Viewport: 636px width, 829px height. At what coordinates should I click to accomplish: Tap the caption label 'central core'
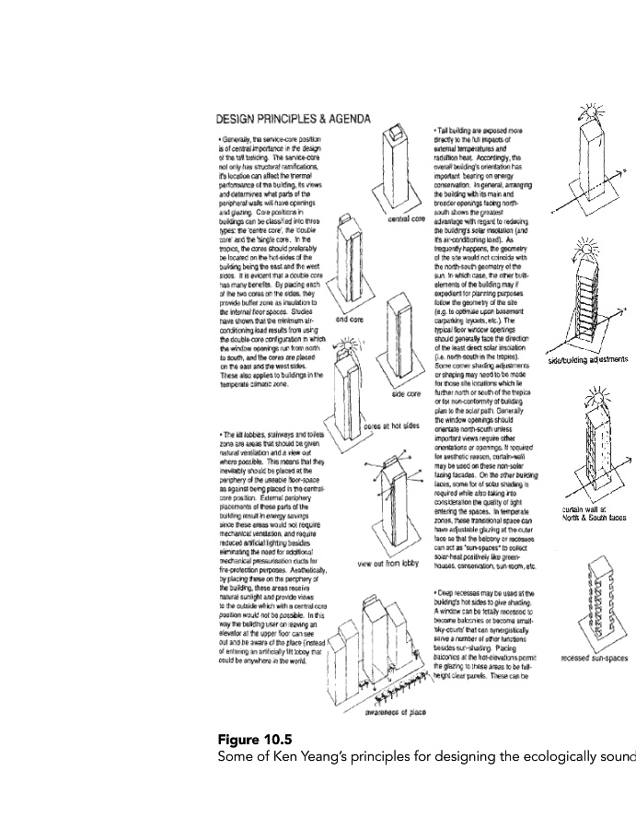406,219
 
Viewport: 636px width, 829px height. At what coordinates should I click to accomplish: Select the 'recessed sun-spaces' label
593,659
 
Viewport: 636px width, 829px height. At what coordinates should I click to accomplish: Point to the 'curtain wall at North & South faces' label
593,513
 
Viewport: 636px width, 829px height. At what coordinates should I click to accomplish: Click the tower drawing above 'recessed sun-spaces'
589,599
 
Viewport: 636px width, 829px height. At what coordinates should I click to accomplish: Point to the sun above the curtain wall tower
586,403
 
